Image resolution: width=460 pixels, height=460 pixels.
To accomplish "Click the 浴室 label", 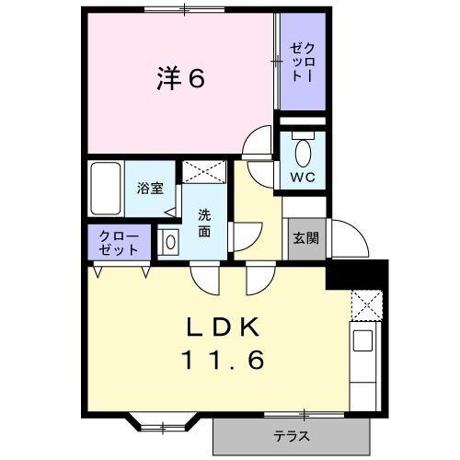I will point(150,190).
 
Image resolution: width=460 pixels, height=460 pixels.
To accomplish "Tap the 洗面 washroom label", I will point(203,224).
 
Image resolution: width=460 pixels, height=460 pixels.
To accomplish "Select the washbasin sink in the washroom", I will point(170,242).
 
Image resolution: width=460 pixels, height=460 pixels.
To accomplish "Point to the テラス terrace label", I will point(291,436).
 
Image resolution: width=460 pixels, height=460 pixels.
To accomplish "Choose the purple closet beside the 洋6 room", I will point(303,63).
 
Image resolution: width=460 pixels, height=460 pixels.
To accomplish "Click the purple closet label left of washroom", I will point(121,242).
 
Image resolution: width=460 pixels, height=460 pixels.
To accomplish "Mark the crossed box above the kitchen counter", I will point(365,304).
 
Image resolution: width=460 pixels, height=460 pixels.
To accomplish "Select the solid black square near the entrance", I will point(357,274).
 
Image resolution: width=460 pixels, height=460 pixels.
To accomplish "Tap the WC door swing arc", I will point(259,147).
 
